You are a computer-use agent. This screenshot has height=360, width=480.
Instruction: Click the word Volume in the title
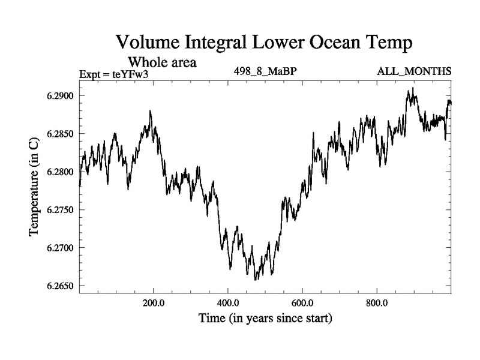[150, 43]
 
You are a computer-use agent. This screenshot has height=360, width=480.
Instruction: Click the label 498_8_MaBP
[266, 72]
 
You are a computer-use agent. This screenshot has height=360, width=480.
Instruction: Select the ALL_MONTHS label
[414, 72]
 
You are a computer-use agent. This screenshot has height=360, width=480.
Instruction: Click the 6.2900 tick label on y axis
[58, 96]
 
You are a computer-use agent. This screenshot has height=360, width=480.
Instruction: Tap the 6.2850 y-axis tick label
[58, 134]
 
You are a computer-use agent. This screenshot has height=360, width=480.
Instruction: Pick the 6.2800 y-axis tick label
[58, 172]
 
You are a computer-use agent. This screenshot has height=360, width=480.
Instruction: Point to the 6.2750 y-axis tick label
[58, 210]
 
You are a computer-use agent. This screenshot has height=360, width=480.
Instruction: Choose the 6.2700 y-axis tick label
[58, 248]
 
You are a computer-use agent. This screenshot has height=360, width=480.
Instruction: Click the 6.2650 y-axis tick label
[58, 286]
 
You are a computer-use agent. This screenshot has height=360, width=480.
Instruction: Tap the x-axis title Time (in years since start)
[266, 319]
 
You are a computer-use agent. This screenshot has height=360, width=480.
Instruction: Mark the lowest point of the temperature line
[256, 280]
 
